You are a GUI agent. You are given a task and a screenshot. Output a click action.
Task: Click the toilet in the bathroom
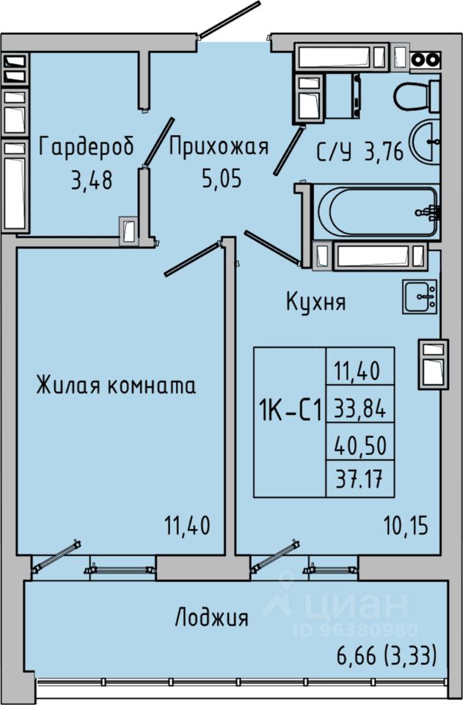coord(416,95)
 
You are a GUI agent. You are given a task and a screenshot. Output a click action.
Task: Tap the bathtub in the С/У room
coord(374,211)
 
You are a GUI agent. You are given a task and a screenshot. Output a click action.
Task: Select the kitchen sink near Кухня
coord(420,296)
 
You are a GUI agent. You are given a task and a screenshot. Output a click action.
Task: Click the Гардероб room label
coord(86,148)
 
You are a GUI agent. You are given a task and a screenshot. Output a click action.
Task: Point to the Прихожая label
coord(219,147)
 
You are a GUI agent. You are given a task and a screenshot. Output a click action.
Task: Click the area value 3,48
coord(91,180)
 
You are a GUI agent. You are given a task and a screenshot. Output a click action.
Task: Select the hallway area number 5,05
coord(220,178)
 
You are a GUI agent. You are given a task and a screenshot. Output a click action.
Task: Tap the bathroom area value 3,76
coord(384,153)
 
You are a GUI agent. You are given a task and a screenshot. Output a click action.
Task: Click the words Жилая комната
coord(116,386)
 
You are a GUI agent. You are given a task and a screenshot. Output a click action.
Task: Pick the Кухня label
coord(316,301)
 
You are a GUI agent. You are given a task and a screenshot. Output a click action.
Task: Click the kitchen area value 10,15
coord(405,526)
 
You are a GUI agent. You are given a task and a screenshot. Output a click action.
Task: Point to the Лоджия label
coord(211,618)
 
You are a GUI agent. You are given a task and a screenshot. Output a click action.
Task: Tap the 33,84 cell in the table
coord(360,409)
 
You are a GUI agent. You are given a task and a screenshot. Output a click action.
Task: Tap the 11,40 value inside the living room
coord(186,526)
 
